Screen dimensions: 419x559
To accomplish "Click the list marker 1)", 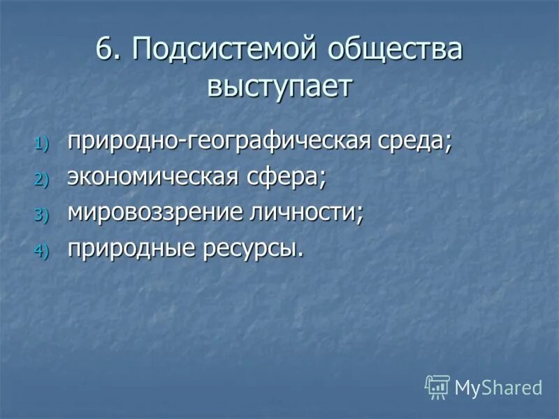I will [43, 144].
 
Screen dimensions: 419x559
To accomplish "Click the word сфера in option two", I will [282, 178].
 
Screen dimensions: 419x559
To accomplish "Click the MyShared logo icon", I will [437, 386].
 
